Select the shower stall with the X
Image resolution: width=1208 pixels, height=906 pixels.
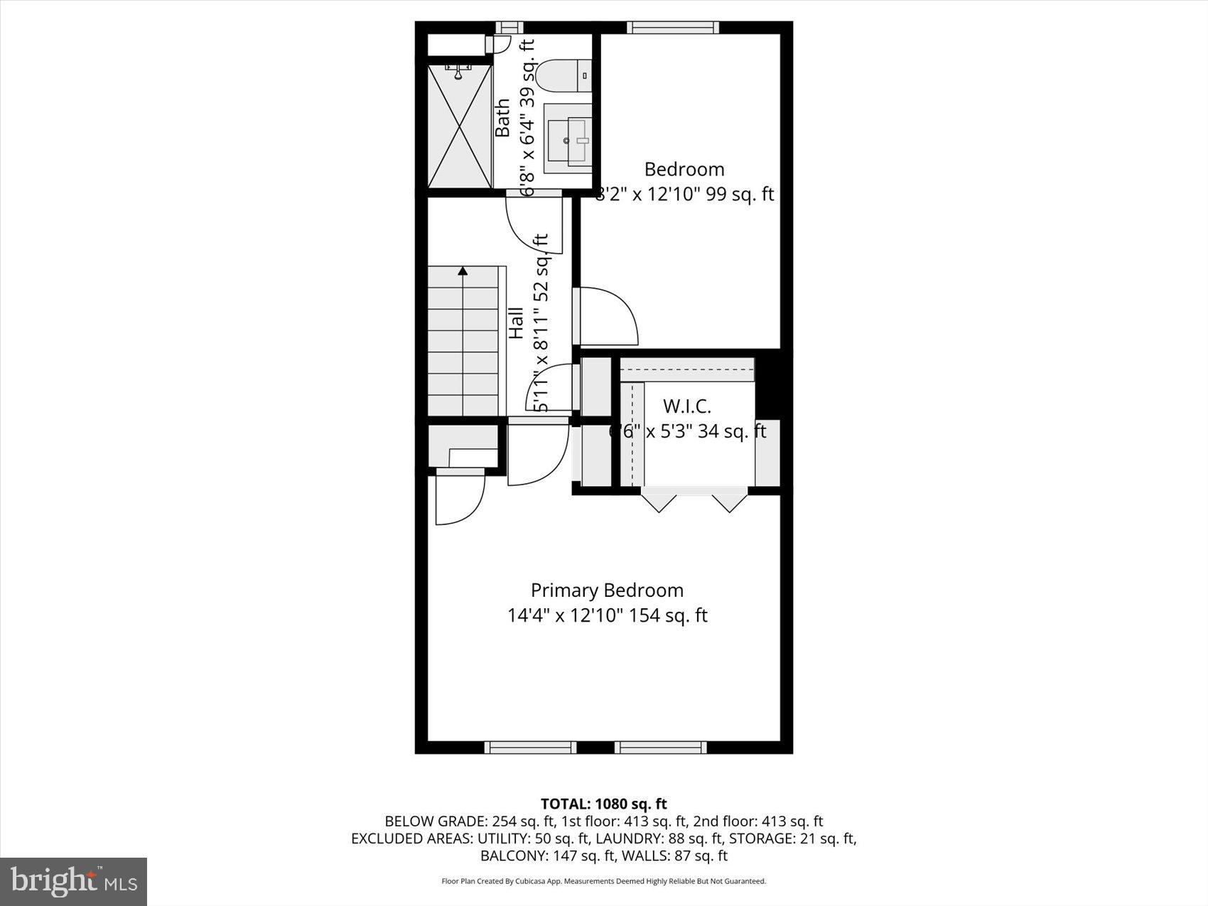pos(460,126)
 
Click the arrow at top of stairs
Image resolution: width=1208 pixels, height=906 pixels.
pos(463,271)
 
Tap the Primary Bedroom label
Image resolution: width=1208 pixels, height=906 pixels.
pos(607,590)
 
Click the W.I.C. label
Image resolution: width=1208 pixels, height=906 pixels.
pos(686,406)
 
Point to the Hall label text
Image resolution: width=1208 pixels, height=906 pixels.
pos(516,323)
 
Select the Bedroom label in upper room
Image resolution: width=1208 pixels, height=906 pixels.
pos(684,169)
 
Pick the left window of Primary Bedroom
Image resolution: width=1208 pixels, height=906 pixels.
pos(530,747)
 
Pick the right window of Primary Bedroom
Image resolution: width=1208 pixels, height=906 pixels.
pos(660,747)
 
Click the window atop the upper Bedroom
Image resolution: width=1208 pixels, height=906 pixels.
pos(672,28)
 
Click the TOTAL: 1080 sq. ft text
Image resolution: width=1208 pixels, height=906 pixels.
pos(603,804)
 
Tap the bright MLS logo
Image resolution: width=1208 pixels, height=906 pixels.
pos(74,881)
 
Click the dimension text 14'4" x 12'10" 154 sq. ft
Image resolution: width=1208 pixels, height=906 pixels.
pos(607,615)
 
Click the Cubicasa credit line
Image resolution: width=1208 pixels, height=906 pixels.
pos(603,881)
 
